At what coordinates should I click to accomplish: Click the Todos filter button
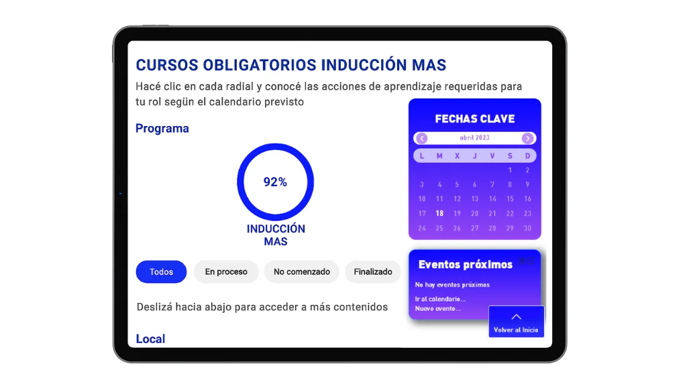(161, 272)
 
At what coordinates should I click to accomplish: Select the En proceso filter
(226, 272)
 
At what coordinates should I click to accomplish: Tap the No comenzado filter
(301, 272)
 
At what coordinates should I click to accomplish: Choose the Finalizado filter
(373, 272)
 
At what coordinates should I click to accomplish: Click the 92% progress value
(275, 182)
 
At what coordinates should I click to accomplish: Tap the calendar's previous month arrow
(422, 138)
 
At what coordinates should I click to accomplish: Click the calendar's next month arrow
(527, 138)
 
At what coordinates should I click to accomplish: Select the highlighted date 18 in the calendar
(439, 213)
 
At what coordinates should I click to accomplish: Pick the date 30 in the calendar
(527, 228)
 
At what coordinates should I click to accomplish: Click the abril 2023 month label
(474, 138)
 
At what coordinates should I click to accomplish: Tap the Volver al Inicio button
(516, 322)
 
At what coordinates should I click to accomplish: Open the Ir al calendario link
(440, 299)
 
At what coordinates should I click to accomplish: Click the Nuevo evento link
(438, 308)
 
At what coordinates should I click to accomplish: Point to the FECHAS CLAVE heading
(475, 119)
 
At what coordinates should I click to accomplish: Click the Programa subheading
(162, 128)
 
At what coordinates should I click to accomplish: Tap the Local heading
(150, 338)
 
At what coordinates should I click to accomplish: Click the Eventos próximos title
(466, 264)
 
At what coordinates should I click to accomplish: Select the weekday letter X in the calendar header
(457, 155)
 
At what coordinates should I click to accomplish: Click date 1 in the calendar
(510, 170)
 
